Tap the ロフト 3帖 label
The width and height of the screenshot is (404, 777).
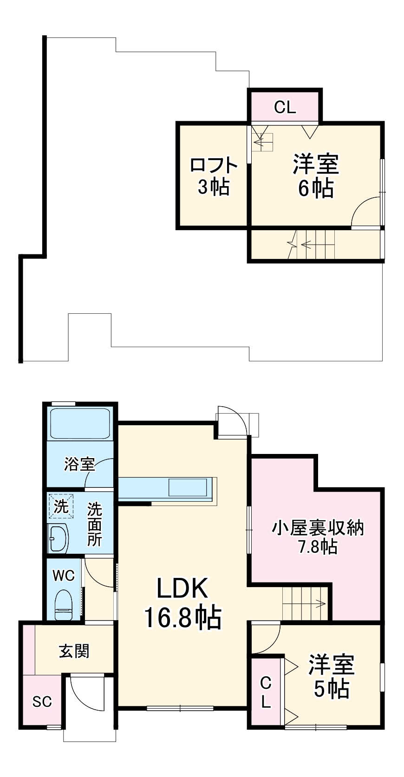[x=214, y=175]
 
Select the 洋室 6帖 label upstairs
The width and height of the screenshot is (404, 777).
[x=315, y=175]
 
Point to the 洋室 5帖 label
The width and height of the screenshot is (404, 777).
[x=332, y=676]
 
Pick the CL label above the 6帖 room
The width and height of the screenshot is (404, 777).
[x=285, y=108]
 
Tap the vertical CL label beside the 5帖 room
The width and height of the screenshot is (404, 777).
[x=265, y=692]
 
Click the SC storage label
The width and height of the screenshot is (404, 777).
[x=42, y=701]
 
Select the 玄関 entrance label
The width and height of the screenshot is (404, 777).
[x=74, y=651]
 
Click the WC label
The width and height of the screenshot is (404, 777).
[x=64, y=576]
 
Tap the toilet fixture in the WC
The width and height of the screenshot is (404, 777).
[x=64, y=605]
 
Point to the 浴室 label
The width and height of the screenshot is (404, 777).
[x=79, y=464]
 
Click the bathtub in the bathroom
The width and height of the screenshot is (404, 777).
[x=79, y=423]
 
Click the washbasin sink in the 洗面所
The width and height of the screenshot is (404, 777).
[x=59, y=538]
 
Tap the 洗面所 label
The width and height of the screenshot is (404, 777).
[x=94, y=524]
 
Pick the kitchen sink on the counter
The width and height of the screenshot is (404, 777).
[x=188, y=488]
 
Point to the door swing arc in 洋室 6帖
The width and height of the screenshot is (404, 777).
[x=365, y=211]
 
